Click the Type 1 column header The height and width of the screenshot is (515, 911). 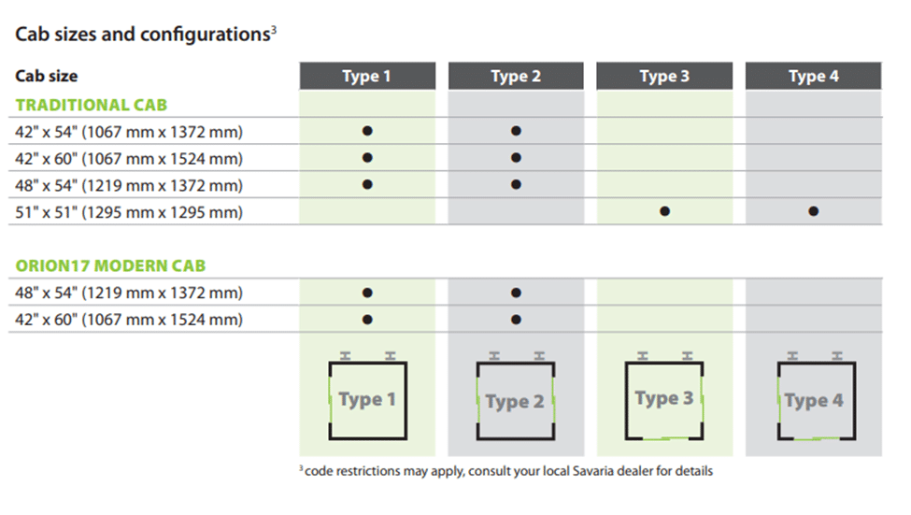click(x=367, y=77)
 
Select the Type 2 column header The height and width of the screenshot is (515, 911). click(x=516, y=77)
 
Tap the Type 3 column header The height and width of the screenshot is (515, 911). click(x=664, y=77)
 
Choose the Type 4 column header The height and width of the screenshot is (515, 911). click(x=813, y=77)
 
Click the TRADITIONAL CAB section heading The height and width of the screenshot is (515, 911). click(x=92, y=105)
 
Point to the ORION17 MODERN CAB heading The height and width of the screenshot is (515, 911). click(x=110, y=266)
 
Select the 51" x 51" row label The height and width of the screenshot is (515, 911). click(x=129, y=212)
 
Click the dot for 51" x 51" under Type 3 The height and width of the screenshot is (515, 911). click(x=664, y=212)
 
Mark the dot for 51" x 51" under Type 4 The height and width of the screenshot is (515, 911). click(x=813, y=212)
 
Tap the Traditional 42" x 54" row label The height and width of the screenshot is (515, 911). click(x=129, y=132)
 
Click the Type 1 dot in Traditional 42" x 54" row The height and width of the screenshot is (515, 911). click(x=367, y=132)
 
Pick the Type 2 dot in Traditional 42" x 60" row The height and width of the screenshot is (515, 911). click(x=516, y=158)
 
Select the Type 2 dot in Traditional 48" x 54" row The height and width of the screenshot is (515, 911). click(x=516, y=185)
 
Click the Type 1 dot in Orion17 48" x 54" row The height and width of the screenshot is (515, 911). click(x=367, y=293)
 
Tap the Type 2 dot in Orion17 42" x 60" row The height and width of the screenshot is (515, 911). click(x=516, y=320)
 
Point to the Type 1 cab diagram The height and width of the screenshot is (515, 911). click(x=367, y=400)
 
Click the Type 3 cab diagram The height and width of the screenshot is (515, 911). click(x=664, y=400)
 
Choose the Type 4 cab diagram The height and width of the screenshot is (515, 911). click(x=813, y=400)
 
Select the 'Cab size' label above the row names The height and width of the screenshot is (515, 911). click(x=47, y=77)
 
